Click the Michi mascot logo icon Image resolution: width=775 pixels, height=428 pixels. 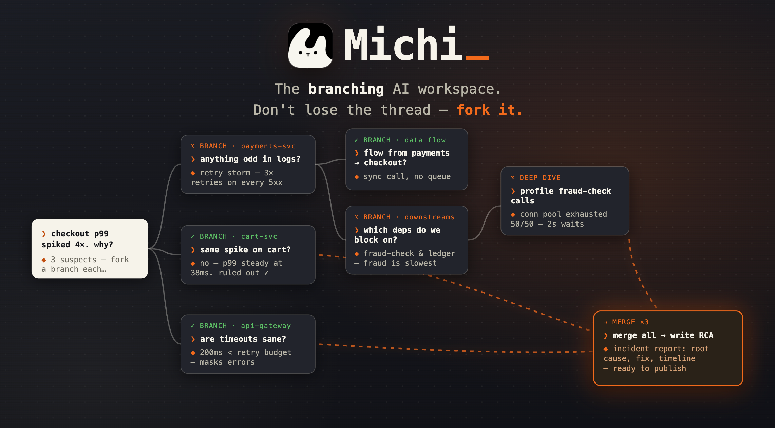pyautogui.click(x=310, y=45)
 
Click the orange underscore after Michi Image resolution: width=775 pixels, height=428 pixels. pyautogui.click(x=477, y=58)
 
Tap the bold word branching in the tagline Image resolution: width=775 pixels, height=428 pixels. pyautogui.click(x=346, y=89)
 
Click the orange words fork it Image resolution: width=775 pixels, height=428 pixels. pyautogui.click(x=489, y=110)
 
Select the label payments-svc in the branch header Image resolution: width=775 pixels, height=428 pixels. pyautogui.click(x=268, y=146)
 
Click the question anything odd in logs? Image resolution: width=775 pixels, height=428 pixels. pyautogui.click(x=250, y=159)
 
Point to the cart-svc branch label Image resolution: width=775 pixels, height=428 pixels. pyautogui.click(x=259, y=236)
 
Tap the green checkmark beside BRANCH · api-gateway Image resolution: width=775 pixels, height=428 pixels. pyautogui.click(x=193, y=326)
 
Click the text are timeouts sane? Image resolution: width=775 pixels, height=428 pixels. pyautogui.click(x=243, y=339)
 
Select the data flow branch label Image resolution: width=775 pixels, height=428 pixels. pyautogui.click(x=425, y=140)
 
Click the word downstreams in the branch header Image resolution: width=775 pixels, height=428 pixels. pyautogui.click(x=429, y=217)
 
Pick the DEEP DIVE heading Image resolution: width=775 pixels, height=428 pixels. pyautogui.click(x=540, y=178)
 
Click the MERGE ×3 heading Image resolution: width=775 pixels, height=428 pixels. pyautogui.click(x=630, y=322)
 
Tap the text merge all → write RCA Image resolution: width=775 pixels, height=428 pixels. pyautogui.click(x=663, y=335)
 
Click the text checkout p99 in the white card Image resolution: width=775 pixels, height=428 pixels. pyautogui.click(x=80, y=234)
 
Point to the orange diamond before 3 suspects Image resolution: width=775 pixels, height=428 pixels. pyautogui.click(x=44, y=260)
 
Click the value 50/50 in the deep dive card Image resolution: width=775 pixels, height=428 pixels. pyautogui.click(x=522, y=224)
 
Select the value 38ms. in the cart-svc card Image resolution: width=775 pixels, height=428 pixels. pyautogui.click(x=202, y=273)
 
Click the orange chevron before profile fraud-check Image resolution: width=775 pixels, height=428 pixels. pyautogui.click(x=513, y=191)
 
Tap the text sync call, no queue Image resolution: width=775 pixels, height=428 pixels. pyautogui.click(x=407, y=177)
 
